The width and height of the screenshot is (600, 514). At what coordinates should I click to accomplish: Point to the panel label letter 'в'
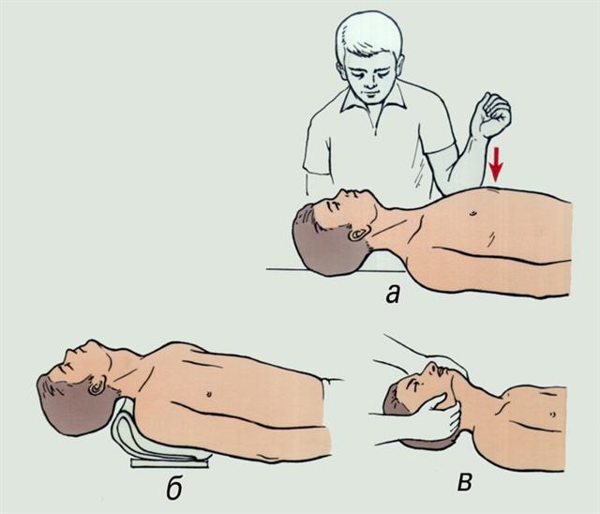pos(464,483)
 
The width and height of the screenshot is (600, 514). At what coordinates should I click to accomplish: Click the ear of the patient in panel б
pos(97,385)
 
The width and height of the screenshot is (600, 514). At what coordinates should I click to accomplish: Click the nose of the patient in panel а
pos(345,192)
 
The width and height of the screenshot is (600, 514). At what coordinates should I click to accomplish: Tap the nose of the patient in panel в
pos(432,367)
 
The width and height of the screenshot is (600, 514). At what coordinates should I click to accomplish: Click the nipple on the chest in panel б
pos(209,393)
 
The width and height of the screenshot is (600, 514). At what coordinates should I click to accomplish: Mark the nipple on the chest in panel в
pos(551,415)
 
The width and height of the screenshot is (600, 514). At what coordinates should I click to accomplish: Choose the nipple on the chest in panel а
pos(474,212)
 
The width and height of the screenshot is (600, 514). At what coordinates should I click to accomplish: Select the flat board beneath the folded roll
pos(170,463)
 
